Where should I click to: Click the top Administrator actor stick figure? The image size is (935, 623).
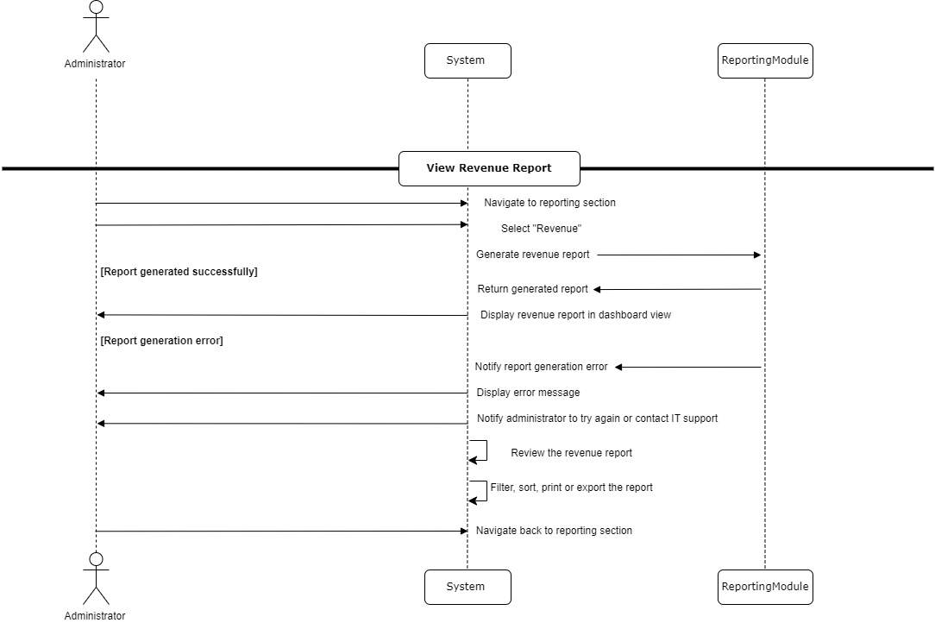96,28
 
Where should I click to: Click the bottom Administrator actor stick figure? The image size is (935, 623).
96,579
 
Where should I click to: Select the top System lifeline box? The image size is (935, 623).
467,60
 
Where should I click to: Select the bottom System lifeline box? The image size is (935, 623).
467,587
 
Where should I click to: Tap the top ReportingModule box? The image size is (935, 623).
765,60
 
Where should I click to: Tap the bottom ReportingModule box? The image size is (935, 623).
765,587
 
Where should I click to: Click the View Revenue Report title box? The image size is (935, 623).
489,168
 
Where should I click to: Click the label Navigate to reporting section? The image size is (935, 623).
549,203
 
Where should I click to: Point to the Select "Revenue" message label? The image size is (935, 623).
542,229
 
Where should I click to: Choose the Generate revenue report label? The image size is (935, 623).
533,255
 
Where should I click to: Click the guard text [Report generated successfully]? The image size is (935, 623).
179,272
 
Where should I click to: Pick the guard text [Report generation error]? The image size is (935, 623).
161,341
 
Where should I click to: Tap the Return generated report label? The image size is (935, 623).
533,289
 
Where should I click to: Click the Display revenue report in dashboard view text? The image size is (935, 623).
575,315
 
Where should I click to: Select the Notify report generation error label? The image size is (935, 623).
541,367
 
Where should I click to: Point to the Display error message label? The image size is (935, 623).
528,393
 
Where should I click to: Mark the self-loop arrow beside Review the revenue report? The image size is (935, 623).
480,451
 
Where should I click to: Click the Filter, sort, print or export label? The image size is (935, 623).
571,488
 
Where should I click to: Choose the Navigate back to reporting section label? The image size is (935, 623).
554,531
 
